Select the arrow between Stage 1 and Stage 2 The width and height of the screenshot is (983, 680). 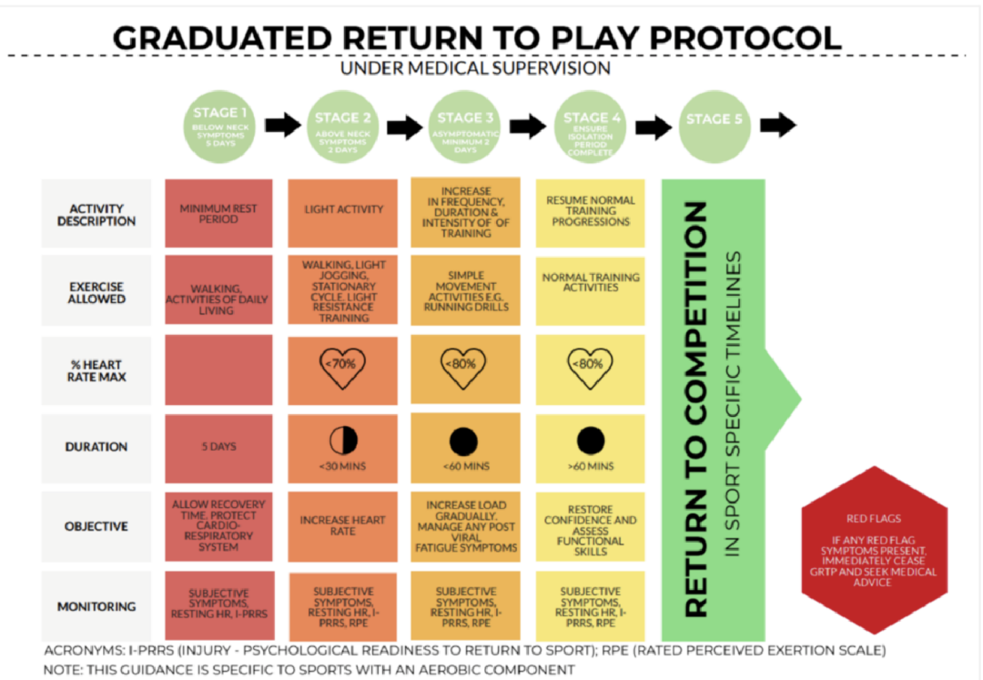point(282,125)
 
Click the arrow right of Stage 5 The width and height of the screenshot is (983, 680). point(777,125)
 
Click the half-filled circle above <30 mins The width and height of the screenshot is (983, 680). point(342,441)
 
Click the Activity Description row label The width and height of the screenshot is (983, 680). point(96,215)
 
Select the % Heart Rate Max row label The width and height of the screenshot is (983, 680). point(96,370)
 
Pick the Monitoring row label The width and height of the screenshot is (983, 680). point(96,606)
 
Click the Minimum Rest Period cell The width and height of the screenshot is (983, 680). point(218,214)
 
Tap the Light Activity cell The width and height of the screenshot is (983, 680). point(342,209)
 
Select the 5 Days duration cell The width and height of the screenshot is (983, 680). point(218,447)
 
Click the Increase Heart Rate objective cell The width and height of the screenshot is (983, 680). point(342,525)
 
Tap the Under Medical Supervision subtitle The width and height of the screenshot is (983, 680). point(474,69)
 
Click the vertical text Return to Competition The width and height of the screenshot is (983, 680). point(695,409)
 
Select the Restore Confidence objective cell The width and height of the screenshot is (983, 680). point(591,527)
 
